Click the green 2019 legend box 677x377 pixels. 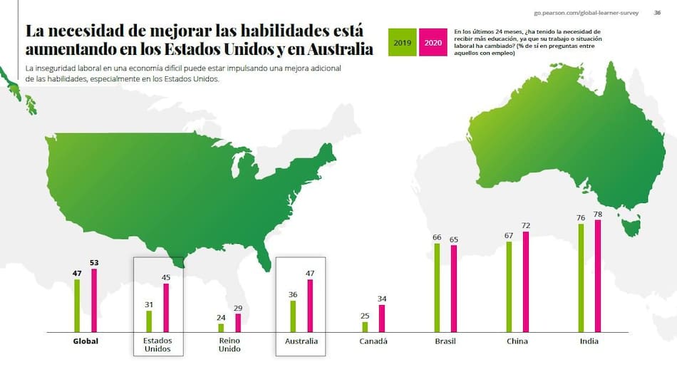point(403,43)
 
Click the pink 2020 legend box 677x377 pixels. point(433,43)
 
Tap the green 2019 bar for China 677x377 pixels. point(509,286)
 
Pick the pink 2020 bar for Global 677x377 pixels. point(94,300)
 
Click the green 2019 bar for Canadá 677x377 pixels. point(365,327)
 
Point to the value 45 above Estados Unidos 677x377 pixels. point(167,278)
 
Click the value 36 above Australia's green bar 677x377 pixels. point(292,294)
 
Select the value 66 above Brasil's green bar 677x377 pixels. point(437,237)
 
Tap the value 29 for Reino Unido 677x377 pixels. point(239,308)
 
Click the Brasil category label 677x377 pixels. point(445,341)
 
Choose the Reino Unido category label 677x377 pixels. point(230,346)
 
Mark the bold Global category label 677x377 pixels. point(86,341)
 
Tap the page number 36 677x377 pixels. point(657,12)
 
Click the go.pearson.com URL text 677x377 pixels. point(586,12)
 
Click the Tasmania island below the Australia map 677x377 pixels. point(630,228)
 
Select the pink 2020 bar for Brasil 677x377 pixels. point(454,289)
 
